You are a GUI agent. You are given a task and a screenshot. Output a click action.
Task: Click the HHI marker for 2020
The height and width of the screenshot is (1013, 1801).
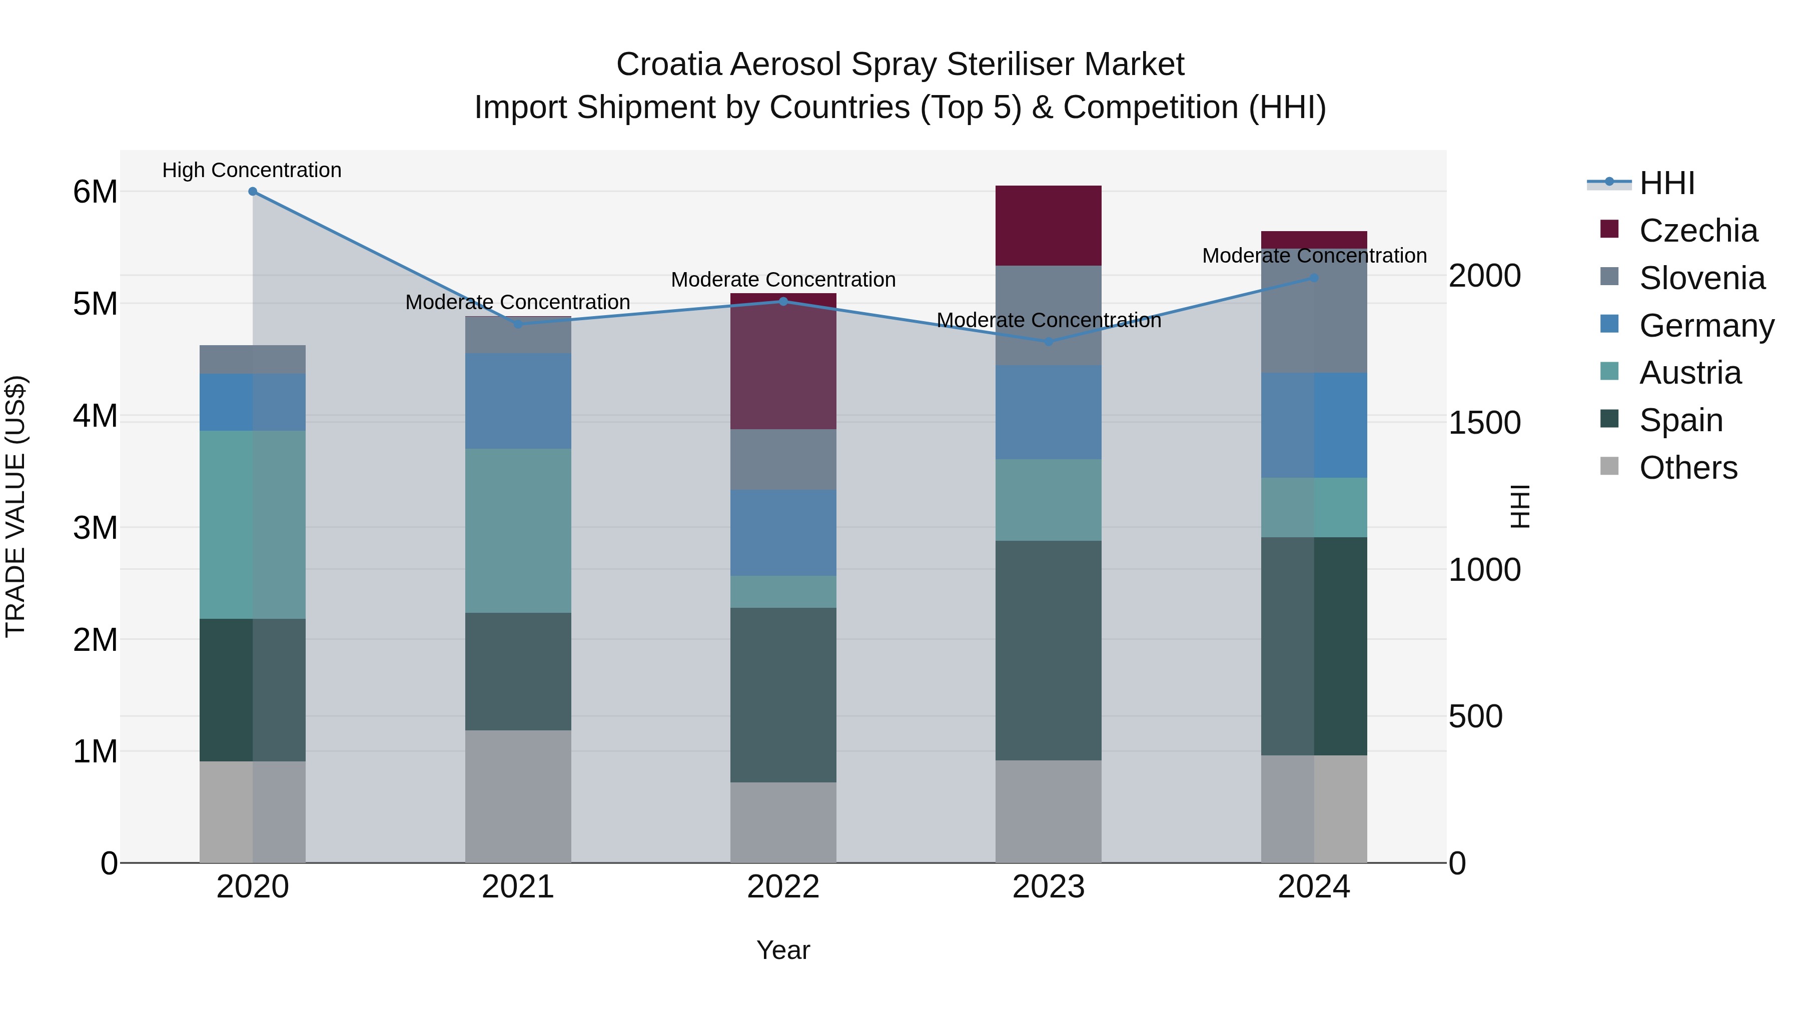pyautogui.click(x=253, y=192)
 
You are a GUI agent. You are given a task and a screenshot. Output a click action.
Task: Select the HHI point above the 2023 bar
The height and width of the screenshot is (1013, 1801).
pyautogui.click(x=1048, y=342)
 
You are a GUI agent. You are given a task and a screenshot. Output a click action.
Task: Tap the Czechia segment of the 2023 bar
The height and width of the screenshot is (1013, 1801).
pyautogui.click(x=1048, y=225)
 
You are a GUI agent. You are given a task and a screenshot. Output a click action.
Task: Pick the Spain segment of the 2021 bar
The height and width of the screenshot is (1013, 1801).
pyautogui.click(x=518, y=671)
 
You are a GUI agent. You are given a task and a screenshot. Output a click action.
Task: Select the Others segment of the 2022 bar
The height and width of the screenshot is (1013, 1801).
pyautogui.click(x=783, y=822)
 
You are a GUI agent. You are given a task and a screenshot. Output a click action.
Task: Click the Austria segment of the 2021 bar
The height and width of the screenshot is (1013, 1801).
pyautogui.click(x=518, y=531)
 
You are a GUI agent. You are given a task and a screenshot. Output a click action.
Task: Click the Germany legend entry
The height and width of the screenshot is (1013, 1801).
pyautogui.click(x=1705, y=326)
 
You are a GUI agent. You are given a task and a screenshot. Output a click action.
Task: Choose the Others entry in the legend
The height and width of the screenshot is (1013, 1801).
pyautogui.click(x=1688, y=468)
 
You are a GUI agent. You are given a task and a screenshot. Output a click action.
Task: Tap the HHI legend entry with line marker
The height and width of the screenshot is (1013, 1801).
pyautogui.click(x=1667, y=183)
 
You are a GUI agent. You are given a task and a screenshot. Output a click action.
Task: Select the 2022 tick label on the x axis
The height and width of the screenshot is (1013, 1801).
pyautogui.click(x=783, y=887)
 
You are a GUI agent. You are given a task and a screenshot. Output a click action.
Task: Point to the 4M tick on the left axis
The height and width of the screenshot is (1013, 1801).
pyautogui.click(x=95, y=416)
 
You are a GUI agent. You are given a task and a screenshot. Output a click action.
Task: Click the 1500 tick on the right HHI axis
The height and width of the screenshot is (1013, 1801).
pyautogui.click(x=1484, y=423)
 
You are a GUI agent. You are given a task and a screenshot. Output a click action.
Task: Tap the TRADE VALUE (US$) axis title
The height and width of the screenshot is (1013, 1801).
pyautogui.click(x=16, y=506)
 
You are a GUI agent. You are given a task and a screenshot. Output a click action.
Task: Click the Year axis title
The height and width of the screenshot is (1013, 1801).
pyautogui.click(x=783, y=950)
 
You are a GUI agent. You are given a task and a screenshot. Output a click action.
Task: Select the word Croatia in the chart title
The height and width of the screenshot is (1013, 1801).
pyautogui.click(x=668, y=65)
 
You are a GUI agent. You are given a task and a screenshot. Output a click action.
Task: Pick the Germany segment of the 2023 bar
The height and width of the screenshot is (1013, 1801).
pyautogui.click(x=1048, y=413)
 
